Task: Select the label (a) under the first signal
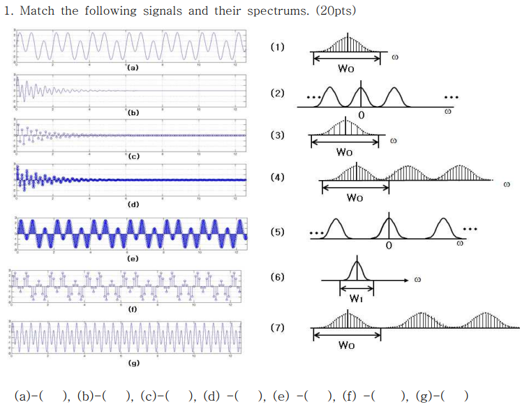132,68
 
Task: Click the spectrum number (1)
278,47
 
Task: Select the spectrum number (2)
278,93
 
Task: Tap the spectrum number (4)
278,178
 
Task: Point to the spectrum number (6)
278,277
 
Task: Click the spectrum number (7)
278,327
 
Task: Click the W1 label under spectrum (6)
356,299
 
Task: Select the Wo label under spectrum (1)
345,68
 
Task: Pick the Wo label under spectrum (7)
345,345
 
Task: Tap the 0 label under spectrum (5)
389,246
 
